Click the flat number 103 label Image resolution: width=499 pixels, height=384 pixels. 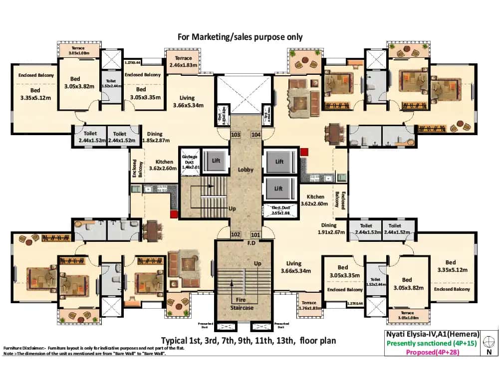tap(236, 135)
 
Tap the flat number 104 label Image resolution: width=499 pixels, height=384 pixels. tap(255, 135)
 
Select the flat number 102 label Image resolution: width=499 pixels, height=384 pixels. tap(236, 234)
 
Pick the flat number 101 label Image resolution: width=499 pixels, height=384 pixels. tap(255, 234)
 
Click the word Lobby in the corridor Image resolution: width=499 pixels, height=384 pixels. tap(246, 170)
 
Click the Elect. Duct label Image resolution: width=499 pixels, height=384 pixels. tap(280, 210)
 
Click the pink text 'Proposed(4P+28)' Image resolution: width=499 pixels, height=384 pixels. tap(433, 352)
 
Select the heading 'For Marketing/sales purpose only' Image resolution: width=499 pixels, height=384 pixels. tap(240, 37)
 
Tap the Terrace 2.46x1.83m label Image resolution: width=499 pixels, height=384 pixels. tap(183, 62)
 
